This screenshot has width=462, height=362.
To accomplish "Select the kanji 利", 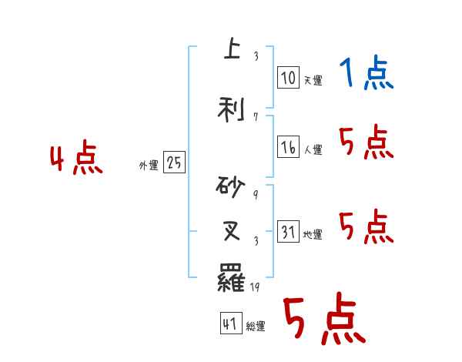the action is pos(232,109).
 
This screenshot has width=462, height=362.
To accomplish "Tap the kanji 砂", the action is pos(232,186).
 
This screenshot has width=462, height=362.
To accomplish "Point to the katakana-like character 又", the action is pos(232,230).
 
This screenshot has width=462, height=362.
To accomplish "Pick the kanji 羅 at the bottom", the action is pos(232,277).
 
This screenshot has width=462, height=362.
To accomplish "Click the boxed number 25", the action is pos(174,163).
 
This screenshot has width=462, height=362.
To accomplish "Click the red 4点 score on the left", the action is pos(75,159).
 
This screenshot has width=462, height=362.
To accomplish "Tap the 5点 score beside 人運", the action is pos(367,143).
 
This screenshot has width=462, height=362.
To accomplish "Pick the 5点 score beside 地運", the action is pos(367,227).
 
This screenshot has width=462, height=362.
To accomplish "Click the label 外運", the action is pos(148,165).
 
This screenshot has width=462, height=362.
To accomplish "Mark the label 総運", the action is pos(256,327).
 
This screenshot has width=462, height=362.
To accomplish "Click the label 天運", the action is pos(313,80).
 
